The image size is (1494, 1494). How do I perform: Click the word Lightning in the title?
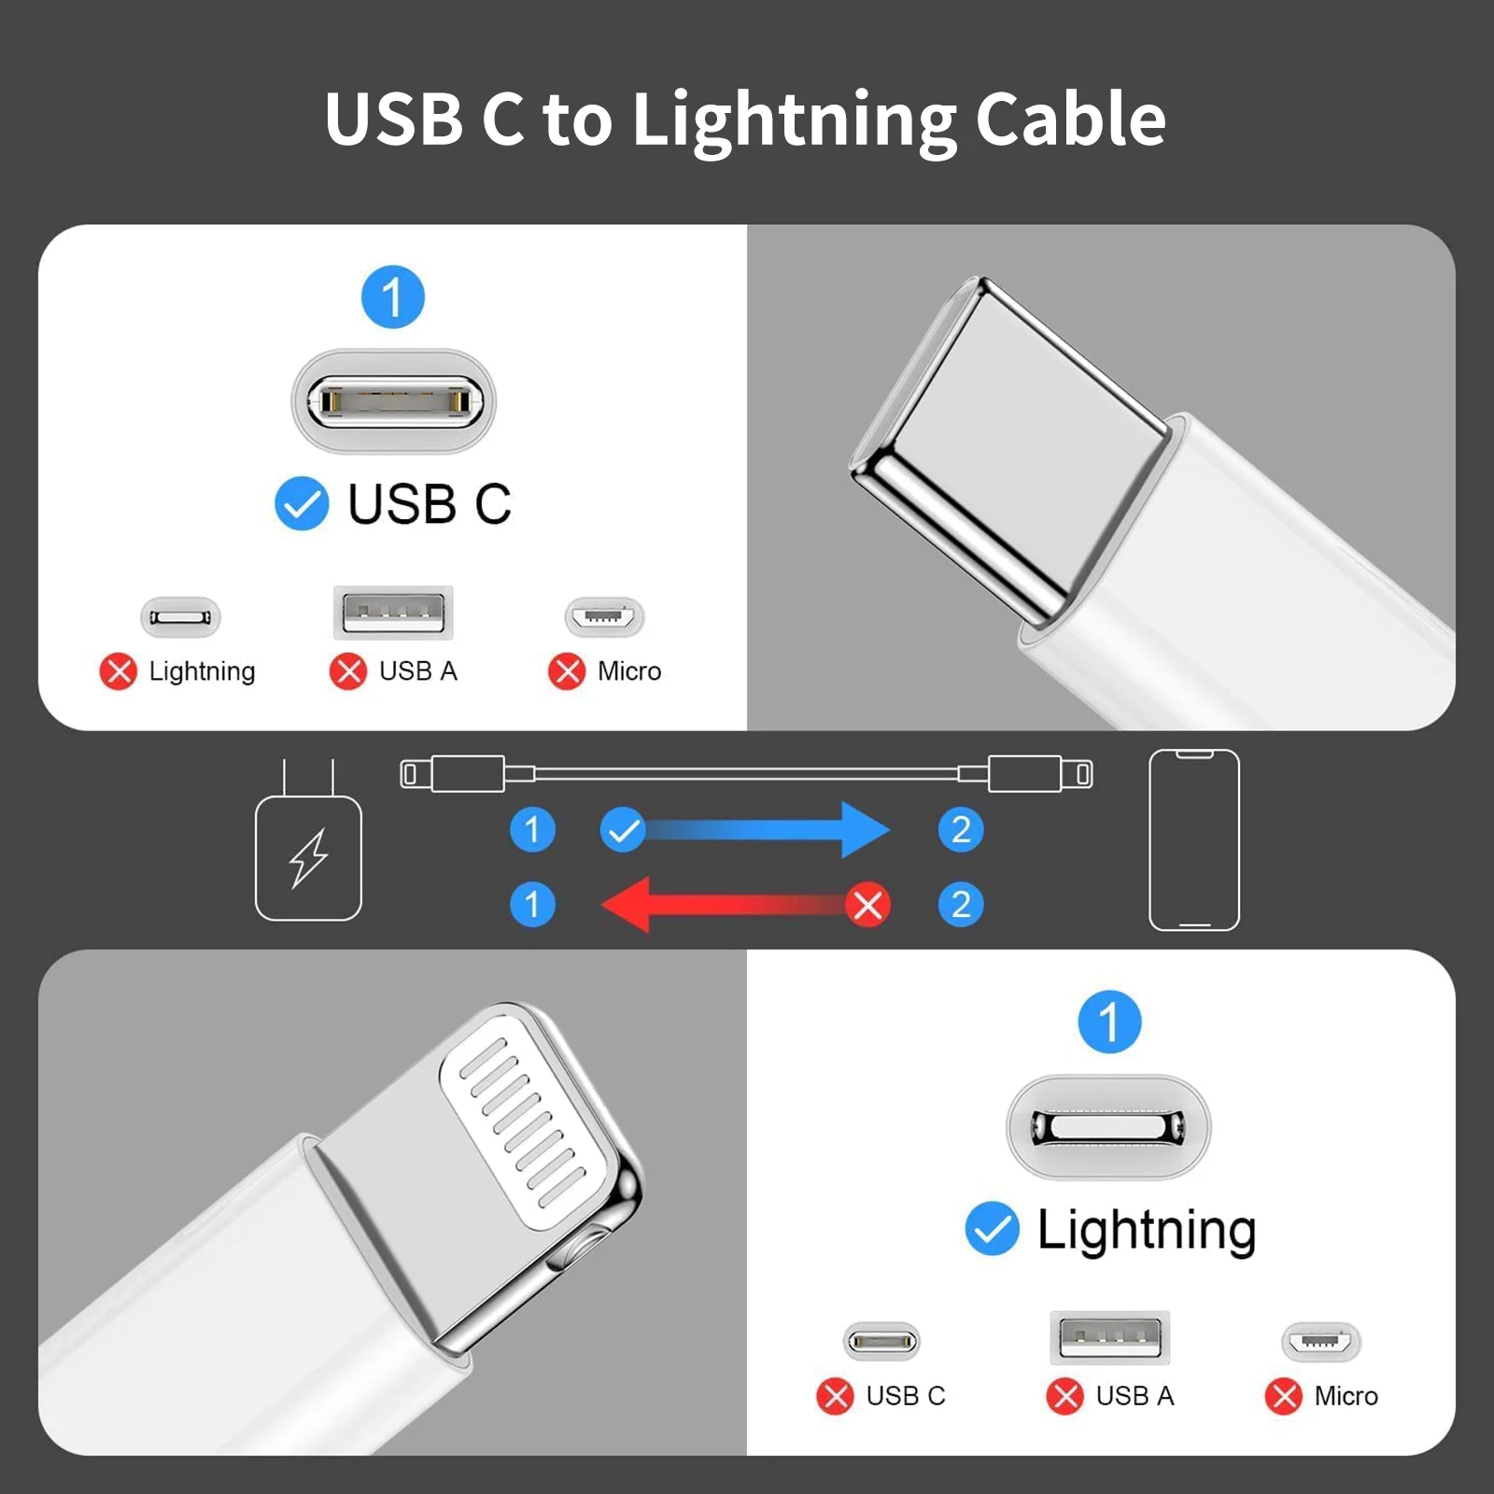coord(794,121)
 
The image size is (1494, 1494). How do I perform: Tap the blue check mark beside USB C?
coord(302,504)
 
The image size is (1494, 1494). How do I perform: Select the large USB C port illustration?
coord(393,402)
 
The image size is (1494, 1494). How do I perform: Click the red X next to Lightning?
coord(119,671)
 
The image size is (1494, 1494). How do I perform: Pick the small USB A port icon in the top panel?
coord(393,613)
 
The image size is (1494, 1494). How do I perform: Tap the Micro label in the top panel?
coord(629,671)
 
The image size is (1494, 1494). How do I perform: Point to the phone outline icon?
coord(1194,839)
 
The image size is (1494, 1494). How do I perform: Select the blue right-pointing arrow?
coord(766,829)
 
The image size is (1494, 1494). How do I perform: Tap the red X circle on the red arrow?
coord(868,904)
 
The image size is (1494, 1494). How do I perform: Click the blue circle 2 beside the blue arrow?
coord(961,829)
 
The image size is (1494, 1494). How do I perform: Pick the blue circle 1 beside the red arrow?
coord(532,904)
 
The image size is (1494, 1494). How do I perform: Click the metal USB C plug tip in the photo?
coord(1008,448)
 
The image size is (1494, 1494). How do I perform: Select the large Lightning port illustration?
coord(1108,1126)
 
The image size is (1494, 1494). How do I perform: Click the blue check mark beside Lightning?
coord(992,1229)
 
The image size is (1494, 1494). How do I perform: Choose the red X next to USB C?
coord(835,1396)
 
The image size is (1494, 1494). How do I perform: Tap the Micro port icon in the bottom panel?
coord(1321,1342)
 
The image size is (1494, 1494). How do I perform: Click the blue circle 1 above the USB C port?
coord(393,298)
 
